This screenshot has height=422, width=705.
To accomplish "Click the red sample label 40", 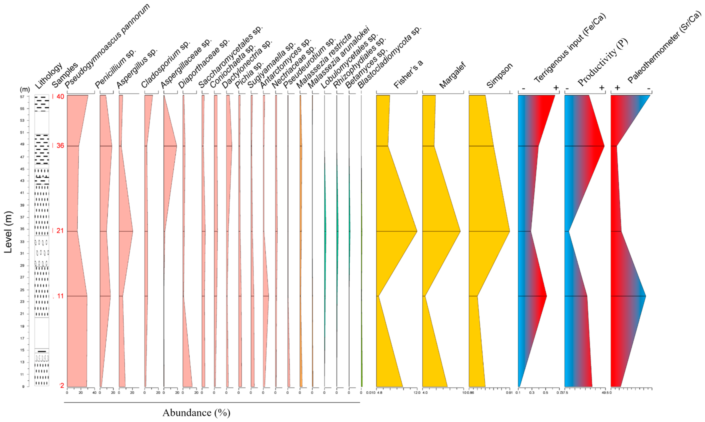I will [60, 97].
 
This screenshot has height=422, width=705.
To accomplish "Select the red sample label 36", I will [60, 146].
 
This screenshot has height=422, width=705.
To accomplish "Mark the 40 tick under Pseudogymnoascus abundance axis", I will [94, 393].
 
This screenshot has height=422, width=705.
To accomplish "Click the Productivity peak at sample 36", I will [604, 146].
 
